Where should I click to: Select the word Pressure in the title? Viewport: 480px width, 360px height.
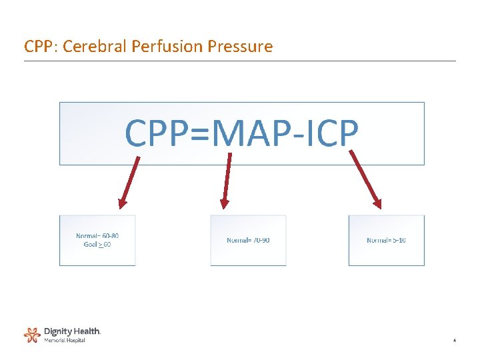240,46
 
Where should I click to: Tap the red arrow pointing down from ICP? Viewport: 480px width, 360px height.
365,179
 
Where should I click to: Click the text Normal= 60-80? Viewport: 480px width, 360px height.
97,235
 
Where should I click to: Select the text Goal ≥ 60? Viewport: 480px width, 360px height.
97,245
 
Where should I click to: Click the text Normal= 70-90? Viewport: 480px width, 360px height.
248,240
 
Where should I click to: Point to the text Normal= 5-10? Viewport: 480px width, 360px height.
386,240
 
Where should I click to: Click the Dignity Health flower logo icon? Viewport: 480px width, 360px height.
32,335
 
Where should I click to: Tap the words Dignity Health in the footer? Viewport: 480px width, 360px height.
72,331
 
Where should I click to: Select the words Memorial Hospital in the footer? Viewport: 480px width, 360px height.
65,340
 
